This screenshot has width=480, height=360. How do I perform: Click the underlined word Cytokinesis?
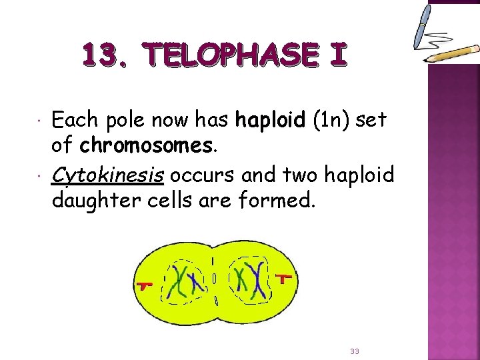point(108,175)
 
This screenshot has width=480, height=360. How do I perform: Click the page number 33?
point(353,351)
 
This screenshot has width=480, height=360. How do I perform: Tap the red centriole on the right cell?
point(284,277)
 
